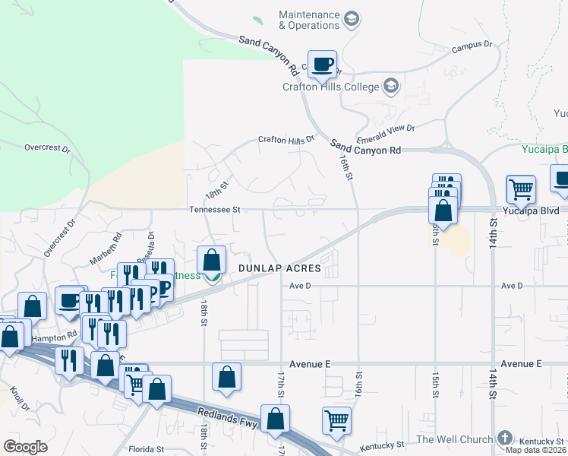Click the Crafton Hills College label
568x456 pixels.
(x=330, y=87)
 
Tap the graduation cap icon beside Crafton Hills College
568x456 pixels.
(x=391, y=85)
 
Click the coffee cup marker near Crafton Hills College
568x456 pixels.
(x=321, y=64)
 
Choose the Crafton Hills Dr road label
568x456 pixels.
(x=286, y=140)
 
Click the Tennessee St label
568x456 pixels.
(x=215, y=210)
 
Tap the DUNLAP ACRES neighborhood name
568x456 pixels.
(x=279, y=269)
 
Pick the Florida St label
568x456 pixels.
(x=147, y=449)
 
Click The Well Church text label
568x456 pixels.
(x=454, y=439)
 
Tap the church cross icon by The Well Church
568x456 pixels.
(x=505, y=439)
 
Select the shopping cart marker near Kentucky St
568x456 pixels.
(x=336, y=420)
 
